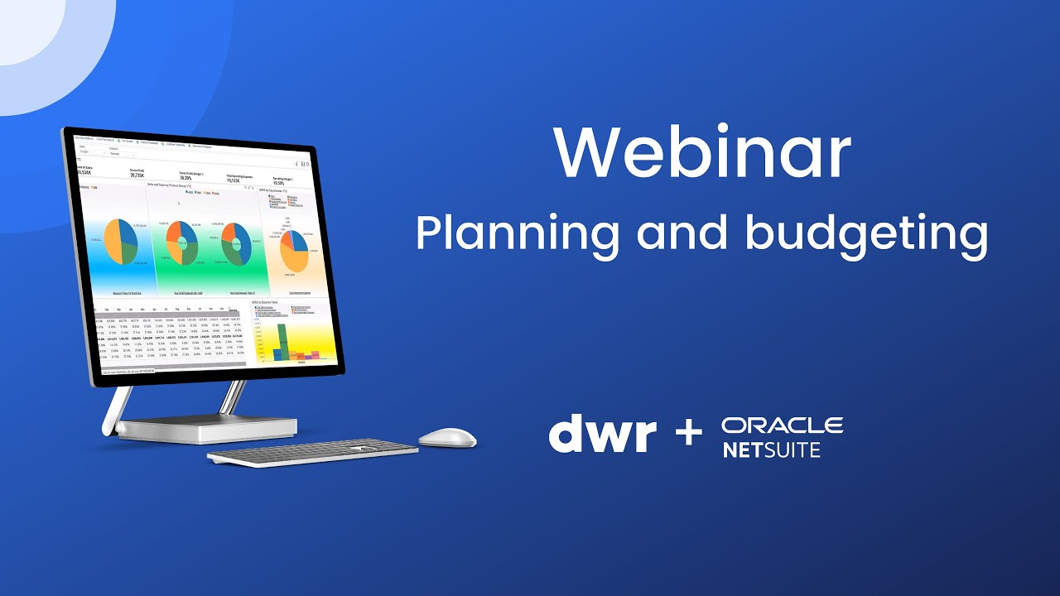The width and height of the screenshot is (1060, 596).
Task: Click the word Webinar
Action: coord(702,154)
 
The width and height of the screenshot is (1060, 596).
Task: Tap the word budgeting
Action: coord(866,234)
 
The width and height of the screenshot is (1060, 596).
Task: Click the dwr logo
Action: coord(602,433)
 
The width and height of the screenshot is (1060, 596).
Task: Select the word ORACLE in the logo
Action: coord(782,425)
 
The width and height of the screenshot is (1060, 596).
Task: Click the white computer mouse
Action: coord(447,437)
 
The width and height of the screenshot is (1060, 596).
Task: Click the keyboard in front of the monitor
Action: coord(313,452)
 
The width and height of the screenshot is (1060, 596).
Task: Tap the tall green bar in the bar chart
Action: coord(282,342)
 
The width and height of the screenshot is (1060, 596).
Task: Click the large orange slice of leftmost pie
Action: coord(114,242)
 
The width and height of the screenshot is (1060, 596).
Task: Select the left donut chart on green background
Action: coord(184,242)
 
